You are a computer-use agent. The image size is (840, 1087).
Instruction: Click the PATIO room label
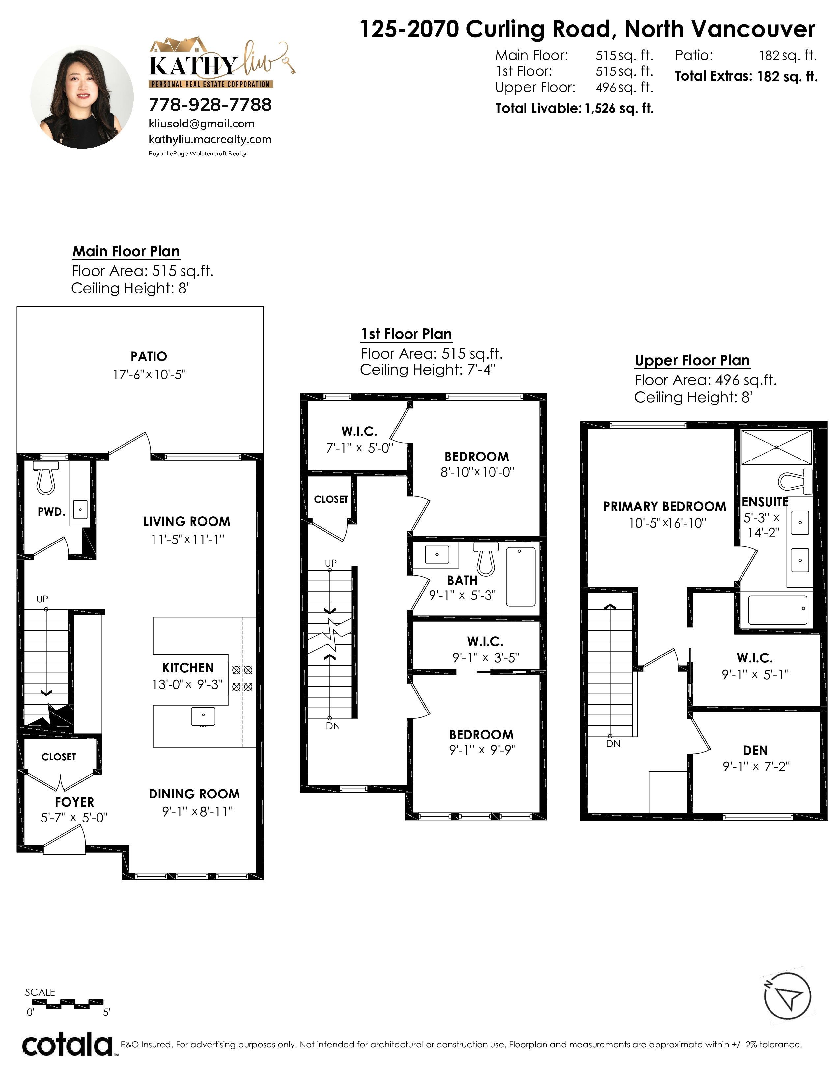pos(149,356)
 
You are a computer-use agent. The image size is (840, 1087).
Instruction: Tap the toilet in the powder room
pos(46,478)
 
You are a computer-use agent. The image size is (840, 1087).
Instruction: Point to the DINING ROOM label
pos(194,794)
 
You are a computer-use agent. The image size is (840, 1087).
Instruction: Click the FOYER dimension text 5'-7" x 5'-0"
pos(74,818)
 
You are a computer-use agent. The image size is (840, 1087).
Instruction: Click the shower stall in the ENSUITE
pos(776,447)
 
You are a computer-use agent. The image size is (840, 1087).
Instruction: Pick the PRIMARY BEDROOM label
pos(665,507)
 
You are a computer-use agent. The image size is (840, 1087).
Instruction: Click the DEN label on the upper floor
pos(755,751)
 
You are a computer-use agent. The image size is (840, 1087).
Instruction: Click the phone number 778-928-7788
pos(210,104)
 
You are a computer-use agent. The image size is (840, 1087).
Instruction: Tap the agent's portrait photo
pos(82,97)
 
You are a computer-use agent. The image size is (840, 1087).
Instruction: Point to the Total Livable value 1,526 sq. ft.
pos(619,108)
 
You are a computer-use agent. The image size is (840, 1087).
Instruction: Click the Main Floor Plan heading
pos(126,251)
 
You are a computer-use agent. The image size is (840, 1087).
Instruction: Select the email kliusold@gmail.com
pos(202,124)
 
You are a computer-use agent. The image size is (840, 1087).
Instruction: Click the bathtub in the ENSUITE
pos(777,610)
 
